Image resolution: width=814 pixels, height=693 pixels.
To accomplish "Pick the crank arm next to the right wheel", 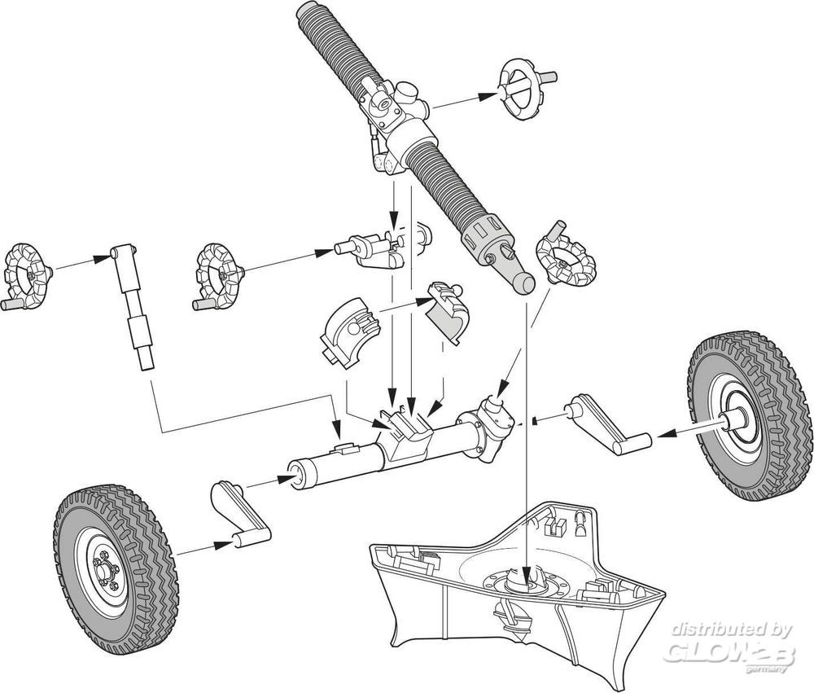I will (607, 424).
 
